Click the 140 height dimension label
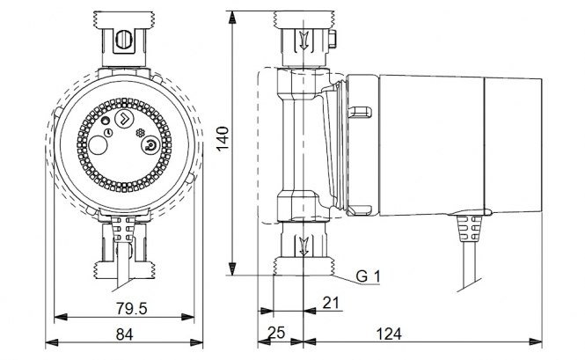click(223, 138)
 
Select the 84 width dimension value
click(124, 334)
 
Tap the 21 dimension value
click(331, 303)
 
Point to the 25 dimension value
click(276, 333)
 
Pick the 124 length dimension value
click(388, 334)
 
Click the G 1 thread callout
click(368, 276)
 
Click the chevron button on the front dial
click(123, 119)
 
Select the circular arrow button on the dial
click(150, 144)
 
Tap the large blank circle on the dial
click(98, 145)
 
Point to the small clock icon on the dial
click(108, 133)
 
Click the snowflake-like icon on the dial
click(140, 133)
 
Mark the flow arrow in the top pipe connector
click(304, 40)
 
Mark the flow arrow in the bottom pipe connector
click(304, 246)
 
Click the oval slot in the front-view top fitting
click(123, 40)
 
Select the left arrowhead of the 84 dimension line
click(52, 342)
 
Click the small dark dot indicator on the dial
click(106, 121)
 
